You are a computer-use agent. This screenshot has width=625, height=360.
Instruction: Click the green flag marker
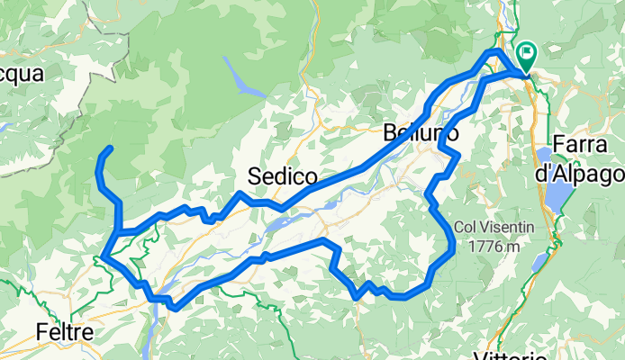[x=524, y=56]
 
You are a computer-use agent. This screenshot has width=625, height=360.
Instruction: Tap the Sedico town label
[x=282, y=175]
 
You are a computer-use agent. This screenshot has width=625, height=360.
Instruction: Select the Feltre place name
[x=65, y=333]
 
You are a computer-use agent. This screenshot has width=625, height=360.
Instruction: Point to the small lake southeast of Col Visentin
[x=539, y=262]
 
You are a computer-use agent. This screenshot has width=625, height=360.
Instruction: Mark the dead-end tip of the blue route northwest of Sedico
[x=110, y=147]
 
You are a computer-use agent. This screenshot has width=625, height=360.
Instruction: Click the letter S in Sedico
[x=255, y=175]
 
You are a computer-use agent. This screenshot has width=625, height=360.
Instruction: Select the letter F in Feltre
[x=41, y=333]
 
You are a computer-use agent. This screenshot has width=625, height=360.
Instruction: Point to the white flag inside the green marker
[x=524, y=52]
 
